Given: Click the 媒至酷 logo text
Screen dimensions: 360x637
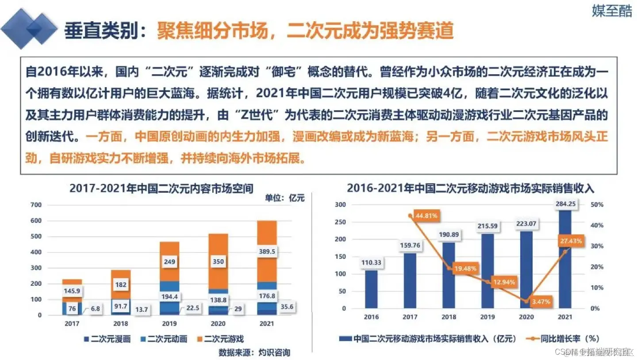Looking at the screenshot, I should point(612,11).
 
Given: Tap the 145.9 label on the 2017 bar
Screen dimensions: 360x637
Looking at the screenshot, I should point(72,291).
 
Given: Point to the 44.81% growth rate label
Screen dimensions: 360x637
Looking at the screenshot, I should point(422,216).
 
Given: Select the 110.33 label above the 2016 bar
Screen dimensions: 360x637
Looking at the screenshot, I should point(372,262).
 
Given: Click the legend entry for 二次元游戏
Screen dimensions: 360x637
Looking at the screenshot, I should point(221,339).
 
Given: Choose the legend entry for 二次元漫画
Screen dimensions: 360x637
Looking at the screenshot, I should point(107,339).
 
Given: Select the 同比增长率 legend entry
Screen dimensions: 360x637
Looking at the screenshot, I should point(562,339).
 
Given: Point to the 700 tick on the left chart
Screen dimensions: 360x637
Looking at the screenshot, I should point(36,205).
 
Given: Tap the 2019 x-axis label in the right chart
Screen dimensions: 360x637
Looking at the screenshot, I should point(487,317).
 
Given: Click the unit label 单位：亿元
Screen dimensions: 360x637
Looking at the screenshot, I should point(285,198).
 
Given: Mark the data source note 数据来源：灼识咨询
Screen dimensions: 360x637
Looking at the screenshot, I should point(254,352).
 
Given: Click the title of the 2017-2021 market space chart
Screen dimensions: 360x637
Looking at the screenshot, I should point(161,188).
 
